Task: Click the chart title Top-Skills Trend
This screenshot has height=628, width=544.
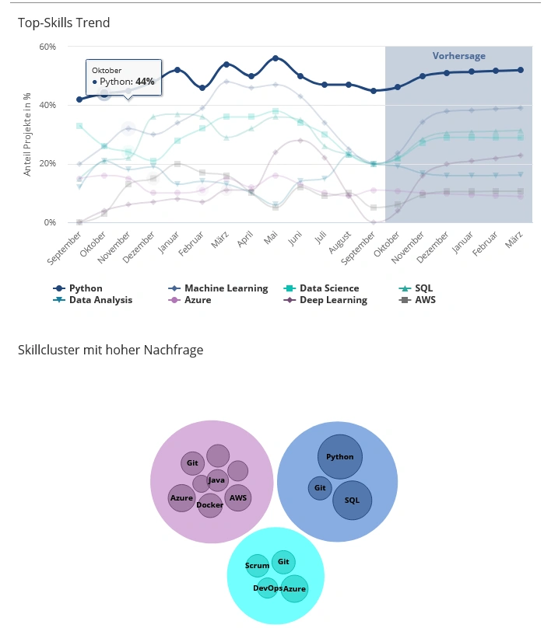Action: [64, 23]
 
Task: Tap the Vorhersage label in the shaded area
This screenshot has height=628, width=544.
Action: [458, 56]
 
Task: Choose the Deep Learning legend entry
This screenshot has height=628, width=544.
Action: [333, 300]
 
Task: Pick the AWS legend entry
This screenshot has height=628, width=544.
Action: [425, 300]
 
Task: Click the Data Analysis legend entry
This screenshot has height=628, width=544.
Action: [100, 300]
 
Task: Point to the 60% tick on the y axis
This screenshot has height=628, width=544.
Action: [47, 47]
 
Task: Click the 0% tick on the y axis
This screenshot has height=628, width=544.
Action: [49, 222]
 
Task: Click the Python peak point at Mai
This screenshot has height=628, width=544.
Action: [276, 58]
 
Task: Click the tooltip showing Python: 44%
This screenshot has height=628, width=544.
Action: [123, 77]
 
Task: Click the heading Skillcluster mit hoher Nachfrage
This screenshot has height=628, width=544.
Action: [111, 350]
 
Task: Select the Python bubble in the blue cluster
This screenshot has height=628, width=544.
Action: [340, 457]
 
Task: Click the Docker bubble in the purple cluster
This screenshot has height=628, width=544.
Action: [210, 506]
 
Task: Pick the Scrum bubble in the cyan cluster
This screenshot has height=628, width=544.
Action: [257, 566]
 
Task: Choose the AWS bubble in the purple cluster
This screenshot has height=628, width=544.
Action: [238, 497]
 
